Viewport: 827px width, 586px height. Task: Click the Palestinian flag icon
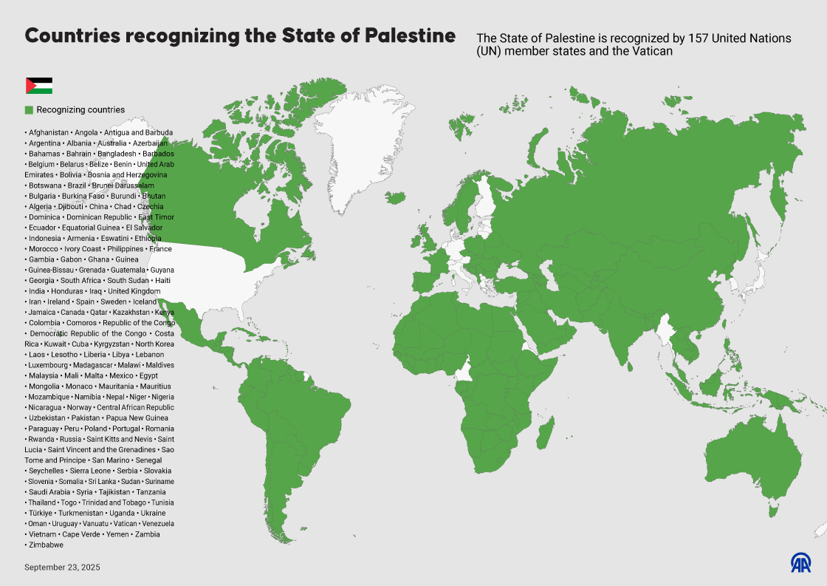39,86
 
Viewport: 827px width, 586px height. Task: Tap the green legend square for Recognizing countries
29,110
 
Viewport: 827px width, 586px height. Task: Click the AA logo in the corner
801,563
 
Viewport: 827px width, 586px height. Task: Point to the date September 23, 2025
62,568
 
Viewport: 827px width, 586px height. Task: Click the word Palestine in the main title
411,35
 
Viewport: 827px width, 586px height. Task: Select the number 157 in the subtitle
699,38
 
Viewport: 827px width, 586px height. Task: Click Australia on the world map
753,458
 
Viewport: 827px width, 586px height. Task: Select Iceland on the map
396,197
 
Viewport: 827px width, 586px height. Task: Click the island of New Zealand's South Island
818,531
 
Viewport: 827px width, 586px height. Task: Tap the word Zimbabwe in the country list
46,545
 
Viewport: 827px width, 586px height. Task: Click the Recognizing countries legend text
80,110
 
